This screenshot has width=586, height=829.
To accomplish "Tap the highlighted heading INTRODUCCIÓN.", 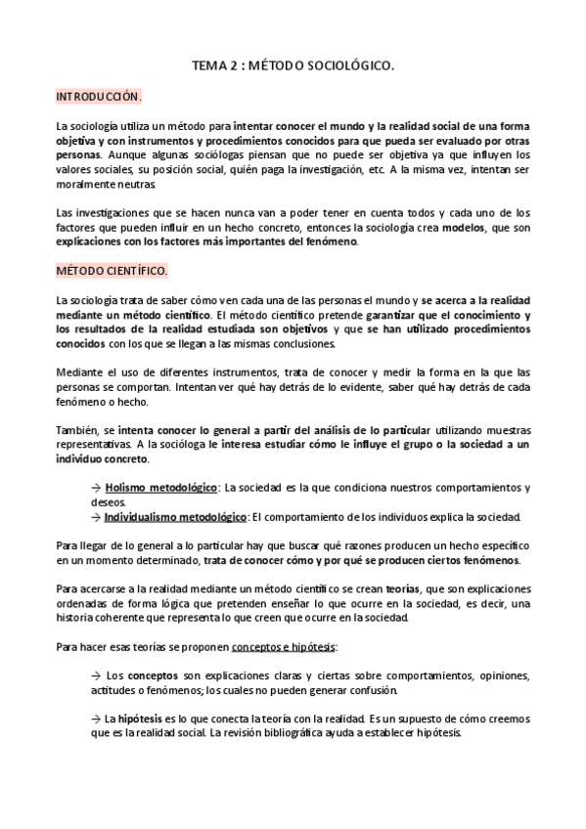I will coord(98,98).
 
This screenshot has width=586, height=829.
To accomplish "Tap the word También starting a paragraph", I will coord(77,415).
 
